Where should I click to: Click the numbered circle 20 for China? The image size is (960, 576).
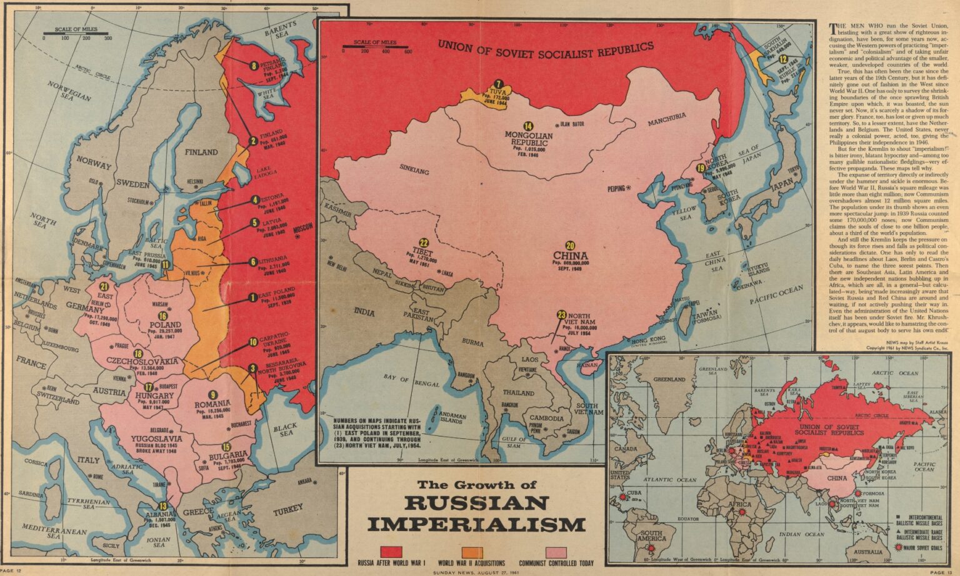tap(571, 246)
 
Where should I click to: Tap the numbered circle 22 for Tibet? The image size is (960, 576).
tap(424, 243)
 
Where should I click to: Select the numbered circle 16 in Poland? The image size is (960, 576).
tap(163, 316)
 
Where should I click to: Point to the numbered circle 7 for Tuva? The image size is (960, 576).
tap(498, 84)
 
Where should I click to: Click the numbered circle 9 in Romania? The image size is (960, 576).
tap(212, 394)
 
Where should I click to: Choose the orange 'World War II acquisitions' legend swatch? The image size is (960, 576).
tap(472, 551)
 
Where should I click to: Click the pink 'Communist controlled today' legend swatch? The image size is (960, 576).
tap(557, 551)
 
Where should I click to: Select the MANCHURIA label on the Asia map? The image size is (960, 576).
tap(667, 118)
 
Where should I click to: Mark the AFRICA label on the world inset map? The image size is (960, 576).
tap(741, 504)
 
